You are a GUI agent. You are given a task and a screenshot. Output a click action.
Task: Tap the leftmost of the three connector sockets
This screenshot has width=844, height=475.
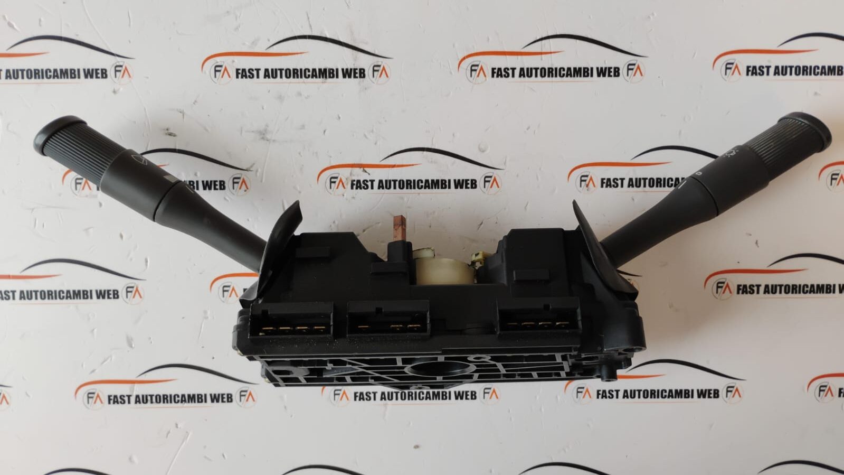[x=291, y=321]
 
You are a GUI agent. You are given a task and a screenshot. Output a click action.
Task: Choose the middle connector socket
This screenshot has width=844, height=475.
[x=388, y=319]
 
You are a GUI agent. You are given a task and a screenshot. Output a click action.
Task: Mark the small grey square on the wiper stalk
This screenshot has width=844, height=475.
[x=172, y=179]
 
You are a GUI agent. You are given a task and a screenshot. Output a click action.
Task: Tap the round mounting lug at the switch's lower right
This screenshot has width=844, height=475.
[x=609, y=374]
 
